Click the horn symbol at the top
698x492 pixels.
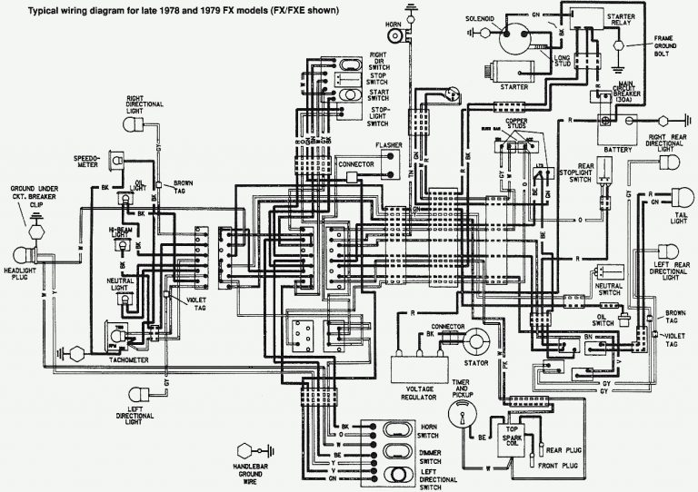(395, 36)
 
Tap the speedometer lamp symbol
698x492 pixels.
(116, 161)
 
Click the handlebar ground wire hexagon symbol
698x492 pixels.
(244, 451)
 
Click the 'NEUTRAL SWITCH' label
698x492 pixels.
(611, 290)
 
